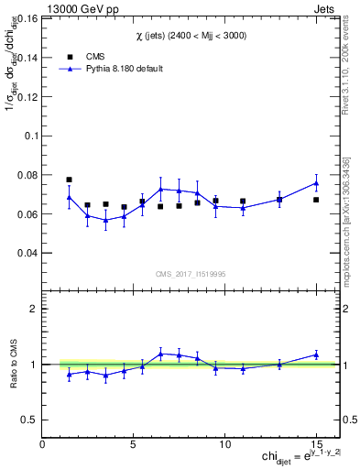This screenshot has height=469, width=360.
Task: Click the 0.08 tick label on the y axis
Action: click(x=28, y=174)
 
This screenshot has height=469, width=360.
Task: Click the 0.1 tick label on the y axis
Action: click(x=32, y=135)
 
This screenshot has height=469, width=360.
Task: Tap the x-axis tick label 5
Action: click(x=134, y=444)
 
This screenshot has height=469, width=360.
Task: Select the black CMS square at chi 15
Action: click(x=316, y=200)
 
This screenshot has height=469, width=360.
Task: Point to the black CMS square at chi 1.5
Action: click(x=69, y=180)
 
